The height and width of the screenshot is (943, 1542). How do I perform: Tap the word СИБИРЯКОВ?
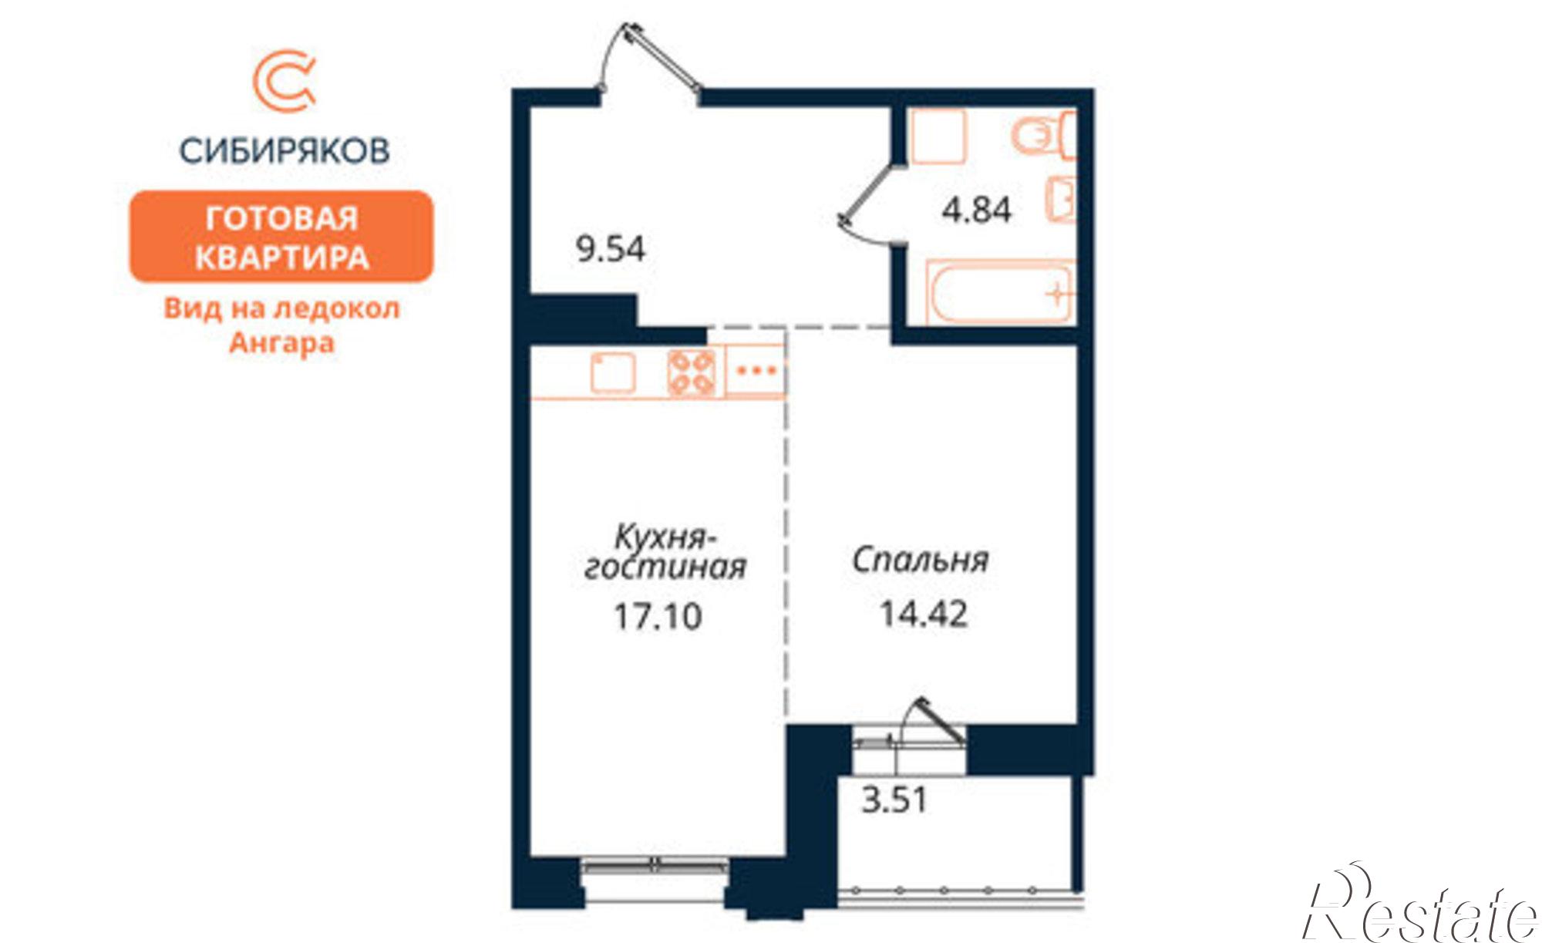click(x=284, y=150)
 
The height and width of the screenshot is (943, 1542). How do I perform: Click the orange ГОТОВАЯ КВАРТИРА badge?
click(x=281, y=237)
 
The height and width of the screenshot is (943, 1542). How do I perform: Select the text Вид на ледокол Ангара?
click(x=281, y=325)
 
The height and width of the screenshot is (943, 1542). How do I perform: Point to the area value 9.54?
click(x=611, y=248)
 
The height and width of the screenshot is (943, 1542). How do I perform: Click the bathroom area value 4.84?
click(x=976, y=210)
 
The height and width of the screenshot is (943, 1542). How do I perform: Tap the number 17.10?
click(x=658, y=616)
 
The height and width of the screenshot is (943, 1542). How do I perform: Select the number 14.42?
click(x=924, y=614)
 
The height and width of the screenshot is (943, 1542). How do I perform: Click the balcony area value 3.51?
click(x=894, y=800)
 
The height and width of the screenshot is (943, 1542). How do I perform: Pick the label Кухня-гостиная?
click(x=665, y=552)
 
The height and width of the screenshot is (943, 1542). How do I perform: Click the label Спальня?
click(x=920, y=560)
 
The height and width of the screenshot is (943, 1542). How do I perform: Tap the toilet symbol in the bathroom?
click(x=1041, y=136)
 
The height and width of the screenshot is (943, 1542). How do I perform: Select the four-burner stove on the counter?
click(x=692, y=372)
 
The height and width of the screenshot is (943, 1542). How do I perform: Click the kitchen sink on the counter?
click(x=613, y=372)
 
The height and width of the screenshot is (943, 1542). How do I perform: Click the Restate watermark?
click(x=1419, y=910)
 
